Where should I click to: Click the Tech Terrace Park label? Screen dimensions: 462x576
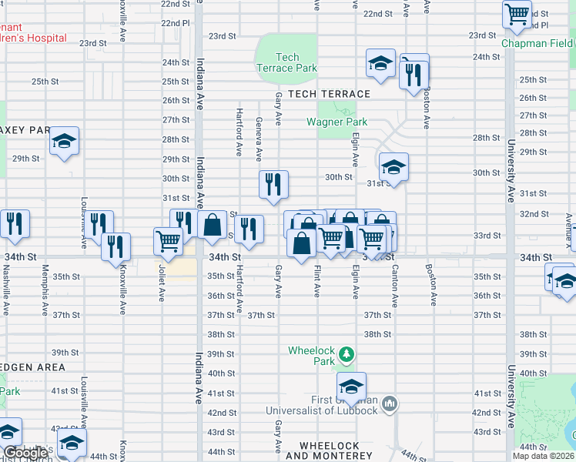pyautogui.click(x=286, y=62)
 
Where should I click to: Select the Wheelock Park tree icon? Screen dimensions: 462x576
pyautogui.click(x=347, y=354)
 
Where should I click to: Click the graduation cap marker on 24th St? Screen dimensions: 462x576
pyautogui.click(x=380, y=64)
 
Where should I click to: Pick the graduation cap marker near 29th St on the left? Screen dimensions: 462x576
pyautogui.click(x=65, y=142)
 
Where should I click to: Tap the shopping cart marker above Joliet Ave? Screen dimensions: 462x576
pyautogui.click(x=168, y=241)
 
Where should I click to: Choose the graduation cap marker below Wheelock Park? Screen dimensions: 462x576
pyautogui.click(x=351, y=387)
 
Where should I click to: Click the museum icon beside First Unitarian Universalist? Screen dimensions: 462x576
pyautogui.click(x=390, y=403)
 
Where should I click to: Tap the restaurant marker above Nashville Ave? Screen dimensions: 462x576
pyautogui.click(x=15, y=224)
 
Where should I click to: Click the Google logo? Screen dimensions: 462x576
pyautogui.click(x=25, y=454)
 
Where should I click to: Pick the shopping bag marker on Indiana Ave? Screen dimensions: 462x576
pyautogui.click(x=212, y=226)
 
